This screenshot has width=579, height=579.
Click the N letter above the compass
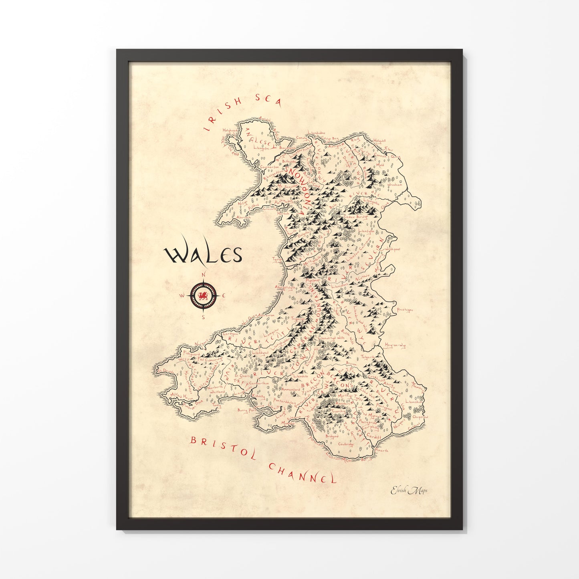point(204,274)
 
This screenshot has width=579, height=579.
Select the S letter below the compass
point(204,317)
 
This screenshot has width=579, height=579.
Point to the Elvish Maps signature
point(409,490)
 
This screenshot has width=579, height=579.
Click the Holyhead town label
point(231,130)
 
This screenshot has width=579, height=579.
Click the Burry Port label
point(246,410)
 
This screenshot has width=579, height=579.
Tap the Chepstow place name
point(420,417)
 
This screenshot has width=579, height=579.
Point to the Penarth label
point(381,450)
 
